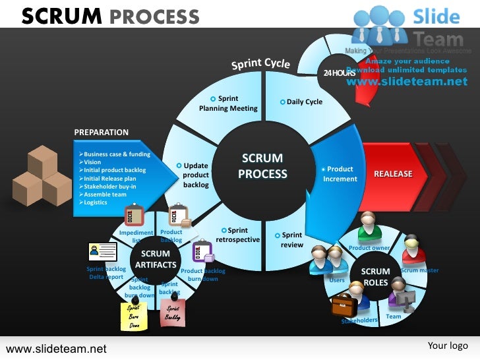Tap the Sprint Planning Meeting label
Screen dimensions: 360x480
[x=228, y=104]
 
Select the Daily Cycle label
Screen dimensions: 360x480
[x=304, y=102]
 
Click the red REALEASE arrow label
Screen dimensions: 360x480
[x=393, y=174]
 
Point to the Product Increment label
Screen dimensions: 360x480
[x=340, y=174]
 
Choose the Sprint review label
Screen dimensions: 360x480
[x=292, y=240]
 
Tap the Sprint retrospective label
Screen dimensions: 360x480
[x=237, y=235]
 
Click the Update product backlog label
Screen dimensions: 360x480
[x=196, y=175]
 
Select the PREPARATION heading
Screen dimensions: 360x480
[x=102, y=133]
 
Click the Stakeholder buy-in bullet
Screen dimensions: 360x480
[x=109, y=187]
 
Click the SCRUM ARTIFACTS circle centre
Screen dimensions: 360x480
[x=156, y=259]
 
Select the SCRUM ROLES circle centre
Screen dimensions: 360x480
[x=376, y=277]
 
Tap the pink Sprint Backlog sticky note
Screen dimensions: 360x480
[x=173, y=313]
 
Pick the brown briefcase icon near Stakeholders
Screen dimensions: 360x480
[x=344, y=305]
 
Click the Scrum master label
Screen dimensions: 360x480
[x=419, y=270]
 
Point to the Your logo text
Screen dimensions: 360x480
[x=448, y=345]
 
